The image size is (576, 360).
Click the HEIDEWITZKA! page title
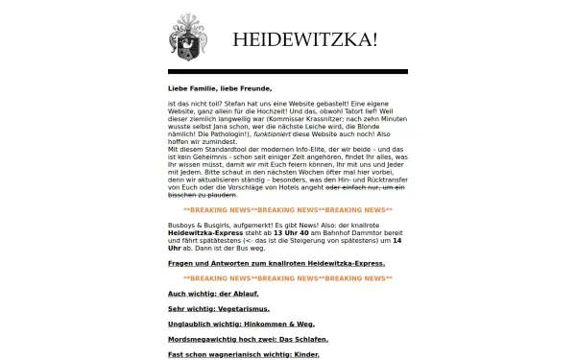304,39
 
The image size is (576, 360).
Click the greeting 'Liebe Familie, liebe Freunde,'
212,88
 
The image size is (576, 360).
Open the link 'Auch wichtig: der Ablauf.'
213,293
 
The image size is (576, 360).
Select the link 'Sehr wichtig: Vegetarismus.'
218,308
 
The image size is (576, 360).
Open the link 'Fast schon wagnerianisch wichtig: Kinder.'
243,354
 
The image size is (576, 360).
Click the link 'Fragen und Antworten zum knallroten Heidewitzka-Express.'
276,262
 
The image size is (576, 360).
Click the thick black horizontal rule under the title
287,71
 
